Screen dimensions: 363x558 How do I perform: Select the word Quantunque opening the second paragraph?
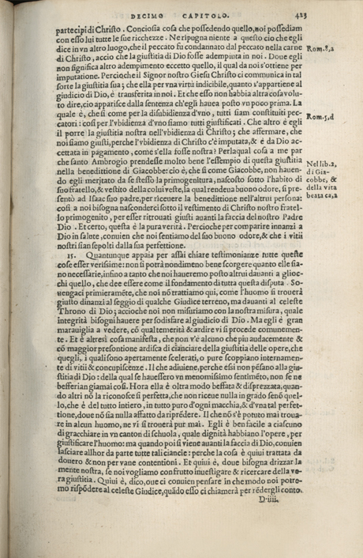[106, 257]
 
